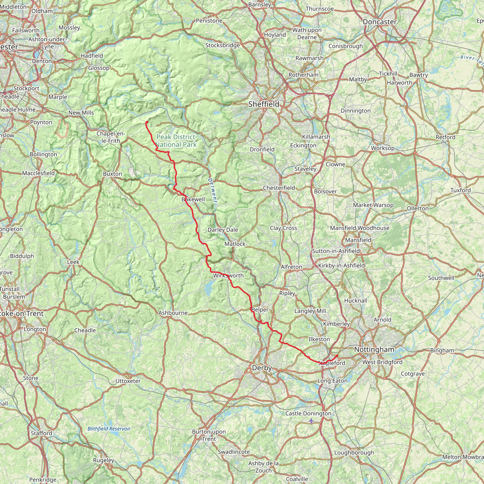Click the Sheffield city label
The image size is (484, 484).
point(264,104)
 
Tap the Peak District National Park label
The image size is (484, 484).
point(176,141)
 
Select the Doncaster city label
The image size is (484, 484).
point(380,22)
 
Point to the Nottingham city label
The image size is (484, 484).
point(374,349)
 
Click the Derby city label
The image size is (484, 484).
point(262,368)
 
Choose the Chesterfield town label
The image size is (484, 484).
point(279,188)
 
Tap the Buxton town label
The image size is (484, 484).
point(112,174)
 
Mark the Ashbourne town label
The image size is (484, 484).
point(173,313)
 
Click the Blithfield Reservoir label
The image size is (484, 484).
point(109,429)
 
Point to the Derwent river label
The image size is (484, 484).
point(212,190)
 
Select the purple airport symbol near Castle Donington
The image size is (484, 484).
point(311,421)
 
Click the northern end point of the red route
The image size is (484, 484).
point(147,122)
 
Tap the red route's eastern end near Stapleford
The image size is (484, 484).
point(337,355)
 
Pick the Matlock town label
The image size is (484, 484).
point(235,244)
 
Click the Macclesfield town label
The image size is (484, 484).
point(38,173)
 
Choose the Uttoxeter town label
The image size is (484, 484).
point(128,381)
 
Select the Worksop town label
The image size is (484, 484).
point(383,148)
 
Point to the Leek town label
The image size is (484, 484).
point(73,262)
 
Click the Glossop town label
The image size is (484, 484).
point(99,68)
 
